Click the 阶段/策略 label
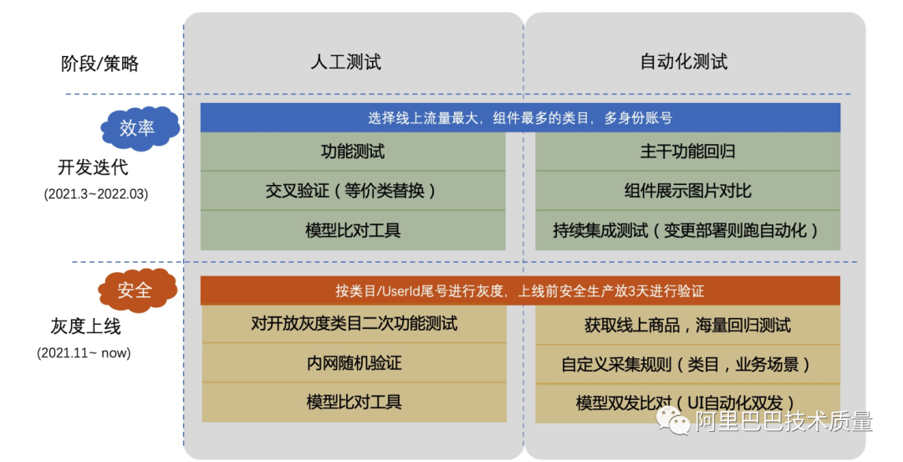(100, 63)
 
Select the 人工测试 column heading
(345, 61)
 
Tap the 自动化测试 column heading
(683, 61)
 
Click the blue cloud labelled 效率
(138, 128)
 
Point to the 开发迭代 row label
(92, 167)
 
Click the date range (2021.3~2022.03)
(95, 193)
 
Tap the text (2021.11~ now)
(84, 352)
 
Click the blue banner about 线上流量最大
(520, 118)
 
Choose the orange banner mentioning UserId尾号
(520, 291)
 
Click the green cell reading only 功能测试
(353, 151)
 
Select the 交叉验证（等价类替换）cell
(353, 191)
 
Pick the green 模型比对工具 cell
(353, 229)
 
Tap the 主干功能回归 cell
(687, 151)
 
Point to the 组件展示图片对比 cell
(687, 191)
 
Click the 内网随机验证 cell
(354, 362)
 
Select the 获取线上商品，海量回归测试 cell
(687, 325)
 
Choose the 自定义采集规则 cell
(687, 364)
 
